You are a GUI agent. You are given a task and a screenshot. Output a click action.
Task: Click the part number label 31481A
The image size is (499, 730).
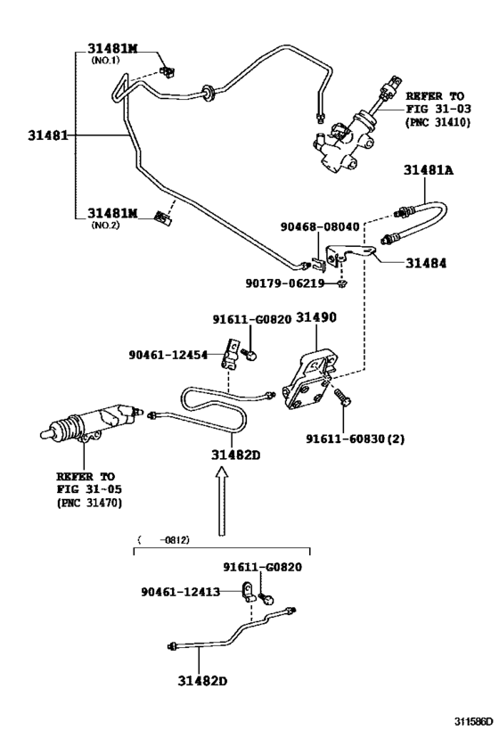click(429, 170)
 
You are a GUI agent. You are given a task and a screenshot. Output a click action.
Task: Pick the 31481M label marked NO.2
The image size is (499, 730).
click(112, 214)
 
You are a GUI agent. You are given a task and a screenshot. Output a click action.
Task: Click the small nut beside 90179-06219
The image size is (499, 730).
click(345, 283)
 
